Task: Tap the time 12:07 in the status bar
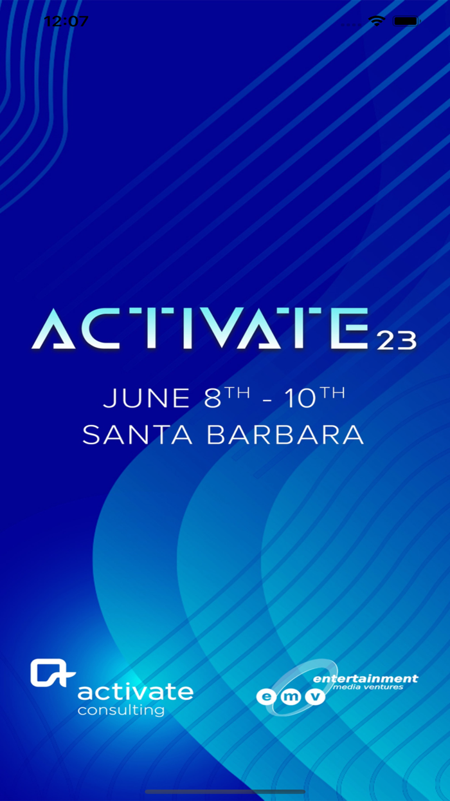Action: click(x=66, y=21)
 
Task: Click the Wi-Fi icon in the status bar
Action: click(x=376, y=21)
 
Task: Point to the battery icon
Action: click(x=407, y=21)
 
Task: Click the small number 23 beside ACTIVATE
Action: click(x=397, y=340)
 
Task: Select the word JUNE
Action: click(x=147, y=398)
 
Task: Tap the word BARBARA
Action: click(x=285, y=435)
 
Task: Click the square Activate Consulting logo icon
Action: click(x=52, y=673)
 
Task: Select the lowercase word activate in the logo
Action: click(x=135, y=692)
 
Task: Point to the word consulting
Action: click(x=121, y=710)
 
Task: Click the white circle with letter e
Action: click(x=265, y=697)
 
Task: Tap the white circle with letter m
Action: click(x=290, y=697)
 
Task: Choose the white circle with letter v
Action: click(x=315, y=696)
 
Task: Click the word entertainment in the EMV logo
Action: click(x=365, y=679)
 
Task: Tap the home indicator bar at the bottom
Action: click(x=225, y=792)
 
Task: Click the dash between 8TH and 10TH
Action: click(x=267, y=400)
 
